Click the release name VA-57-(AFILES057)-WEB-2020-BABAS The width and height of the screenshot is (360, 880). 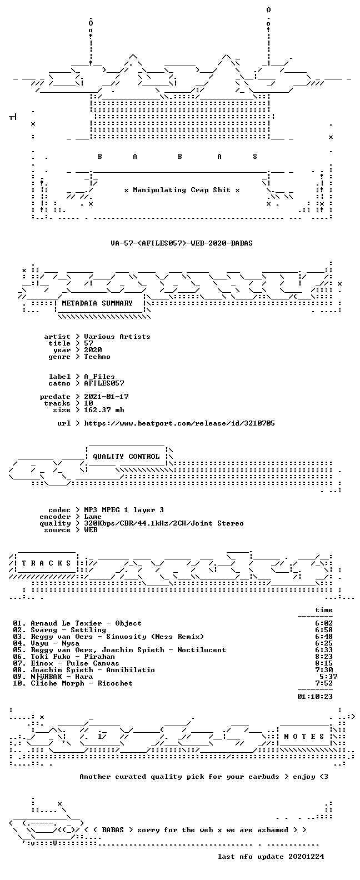pos(182,243)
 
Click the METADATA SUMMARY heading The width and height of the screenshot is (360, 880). pos(97,303)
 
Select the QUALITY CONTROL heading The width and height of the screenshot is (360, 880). pos(126,457)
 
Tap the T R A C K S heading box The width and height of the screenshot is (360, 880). pos(46,563)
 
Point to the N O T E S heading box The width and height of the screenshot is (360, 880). pos(304,737)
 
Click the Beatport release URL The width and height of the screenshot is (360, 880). pos(179,423)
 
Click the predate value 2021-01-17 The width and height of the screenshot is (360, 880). pos(106,397)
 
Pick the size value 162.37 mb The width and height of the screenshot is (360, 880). pos(104,410)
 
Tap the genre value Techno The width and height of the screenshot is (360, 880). pos(97,357)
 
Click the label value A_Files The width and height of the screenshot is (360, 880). pos(99,377)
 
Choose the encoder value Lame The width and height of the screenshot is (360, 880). pos(93,517)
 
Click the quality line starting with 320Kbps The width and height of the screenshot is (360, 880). pos(164,523)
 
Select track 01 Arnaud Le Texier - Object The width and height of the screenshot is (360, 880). pos(77,623)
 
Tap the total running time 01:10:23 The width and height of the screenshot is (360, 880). pos(315,697)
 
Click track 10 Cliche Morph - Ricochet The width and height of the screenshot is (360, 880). pos(73,683)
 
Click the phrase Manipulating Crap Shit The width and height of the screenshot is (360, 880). pos(182,190)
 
